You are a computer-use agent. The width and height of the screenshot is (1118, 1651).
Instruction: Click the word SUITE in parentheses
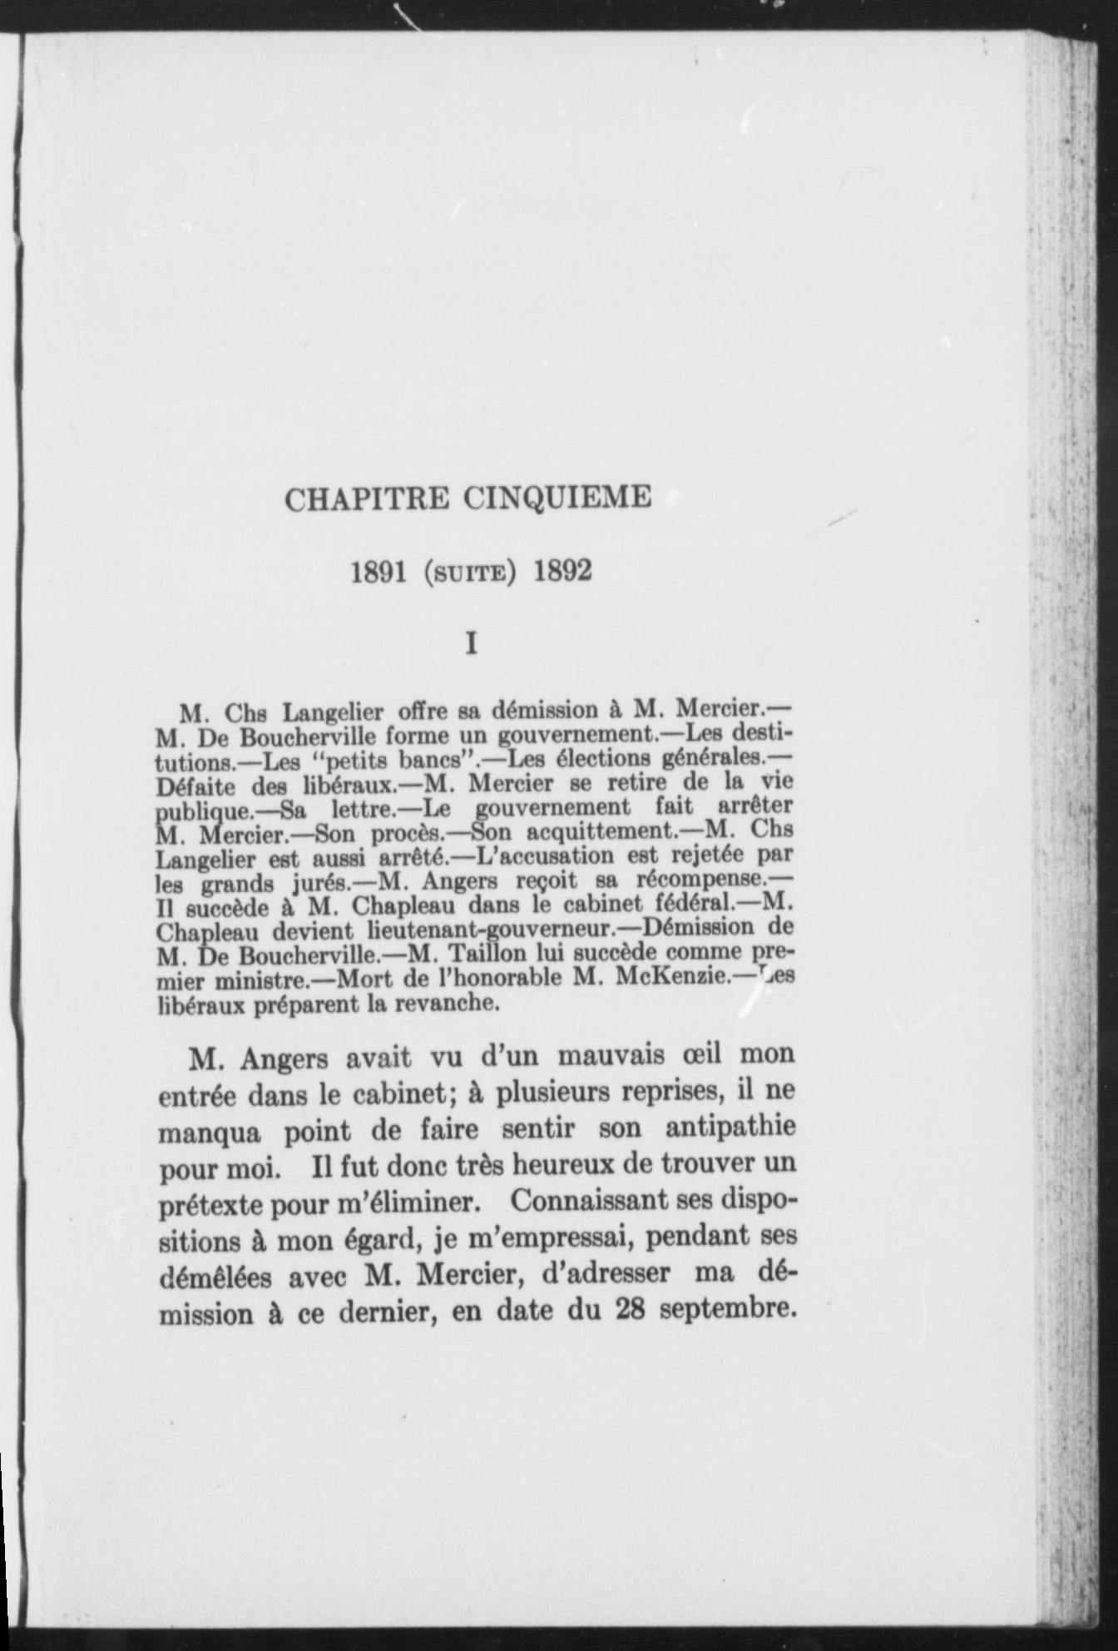pyautogui.click(x=472, y=574)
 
